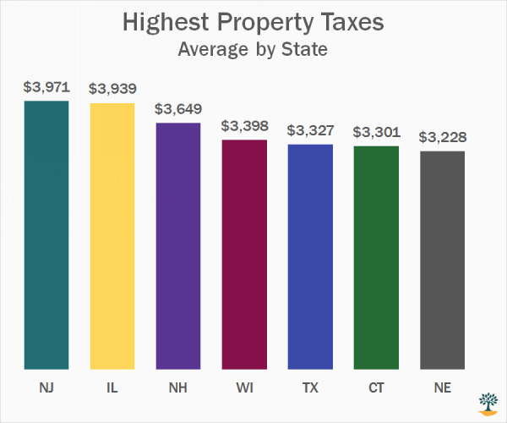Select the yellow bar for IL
pyautogui.click(x=112, y=237)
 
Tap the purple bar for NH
pyautogui.click(x=178, y=246)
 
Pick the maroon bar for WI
pyautogui.click(x=244, y=255)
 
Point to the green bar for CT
pyautogui.click(x=376, y=258)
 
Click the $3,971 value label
pyautogui.click(x=46, y=87)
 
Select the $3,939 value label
pyautogui.click(x=112, y=89)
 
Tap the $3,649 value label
pyautogui.click(x=178, y=108)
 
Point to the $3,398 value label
pyautogui.click(x=244, y=126)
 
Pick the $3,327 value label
pyautogui.click(x=310, y=130)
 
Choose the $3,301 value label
pyautogui.click(x=376, y=132)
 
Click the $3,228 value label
pyautogui.click(x=442, y=137)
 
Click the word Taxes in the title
pyautogui.click(x=349, y=22)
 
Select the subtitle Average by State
pyautogui.click(x=253, y=49)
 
